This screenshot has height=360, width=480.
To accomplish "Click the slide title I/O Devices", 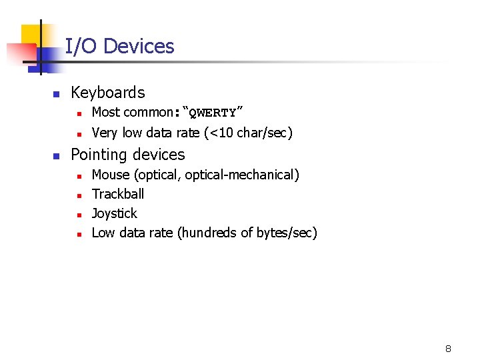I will pyautogui.click(x=119, y=47).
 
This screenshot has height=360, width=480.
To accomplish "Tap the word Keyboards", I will pyautogui.click(x=107, y=93).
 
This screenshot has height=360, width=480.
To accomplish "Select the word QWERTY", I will pyautogui.click(x=213, y=113).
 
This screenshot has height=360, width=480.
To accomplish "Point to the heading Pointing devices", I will pyautogui.click(x=127, y=155).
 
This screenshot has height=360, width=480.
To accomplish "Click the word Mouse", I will pyautogui.click(x=111, y=175).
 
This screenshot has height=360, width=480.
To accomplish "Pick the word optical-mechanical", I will pyautogui.click(x=242, y=175).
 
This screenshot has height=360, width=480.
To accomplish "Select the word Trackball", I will pyautogui.click(x=117, y=194).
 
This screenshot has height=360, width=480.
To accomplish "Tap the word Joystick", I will pyautogui.click(x=114, y=213).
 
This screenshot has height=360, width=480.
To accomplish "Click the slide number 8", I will pyautogui.click(x=448, y=349).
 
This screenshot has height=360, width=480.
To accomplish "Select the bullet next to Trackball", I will pyautogui.click(x=79, y=195).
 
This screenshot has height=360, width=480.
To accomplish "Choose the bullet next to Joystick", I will pyautogui.click(x=79, y=215).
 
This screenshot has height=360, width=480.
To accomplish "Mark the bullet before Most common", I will pyautogui.click(x=79, y=113).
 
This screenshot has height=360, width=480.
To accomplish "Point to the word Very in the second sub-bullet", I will pyautogui.click(x=104, y=133).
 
